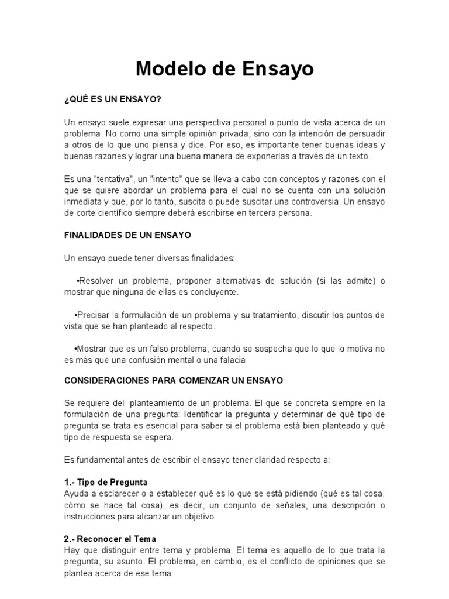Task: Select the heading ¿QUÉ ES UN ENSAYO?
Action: pos(112,99)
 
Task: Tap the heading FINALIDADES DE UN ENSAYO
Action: pos(127,235)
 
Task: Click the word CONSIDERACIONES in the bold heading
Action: pos(106,380)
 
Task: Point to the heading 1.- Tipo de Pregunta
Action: pos(106,483)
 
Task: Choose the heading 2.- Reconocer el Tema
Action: pos(110,539)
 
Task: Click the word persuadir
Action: pos(366,133)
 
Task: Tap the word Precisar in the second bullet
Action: pos(95,315)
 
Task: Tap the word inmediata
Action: pos(85,202)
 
